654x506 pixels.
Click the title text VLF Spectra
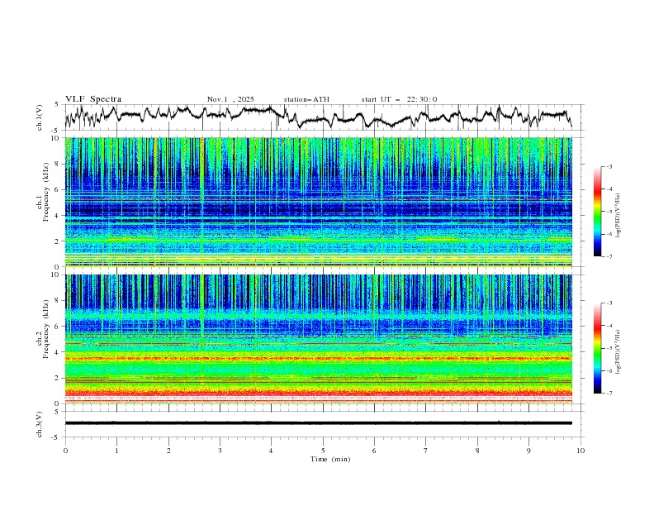coord(93,99)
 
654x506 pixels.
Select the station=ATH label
coord(306,99)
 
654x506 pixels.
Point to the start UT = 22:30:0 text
coord(399,99)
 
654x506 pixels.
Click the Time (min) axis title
coord(323,458)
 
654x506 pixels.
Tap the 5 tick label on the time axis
coord(323,450)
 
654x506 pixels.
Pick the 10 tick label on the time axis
coord(581,450)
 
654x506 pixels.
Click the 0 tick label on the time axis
coord(65,450)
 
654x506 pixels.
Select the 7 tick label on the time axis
coord(426,450)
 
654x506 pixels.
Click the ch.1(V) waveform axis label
coord(40,117)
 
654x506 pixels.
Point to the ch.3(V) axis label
coord(40,423)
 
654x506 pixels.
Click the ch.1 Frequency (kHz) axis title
coord(45,202)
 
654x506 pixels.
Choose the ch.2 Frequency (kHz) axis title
coord(45,339)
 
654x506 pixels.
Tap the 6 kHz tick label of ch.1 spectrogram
coord(56,189)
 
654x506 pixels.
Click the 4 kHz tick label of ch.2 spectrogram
coord(56,352)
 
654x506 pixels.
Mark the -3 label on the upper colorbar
coord(609,167)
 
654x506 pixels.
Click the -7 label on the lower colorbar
coord(609,393)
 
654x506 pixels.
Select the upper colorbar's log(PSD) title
coord(618,212)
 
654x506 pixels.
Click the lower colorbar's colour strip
coord(598,348)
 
